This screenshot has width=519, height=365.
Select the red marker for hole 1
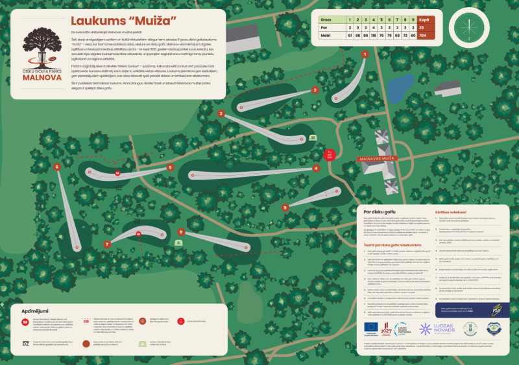click(x=365, y=54)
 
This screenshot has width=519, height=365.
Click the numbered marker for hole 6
click(x=57, y=167)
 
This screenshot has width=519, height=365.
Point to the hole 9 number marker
click(x=285, y=207)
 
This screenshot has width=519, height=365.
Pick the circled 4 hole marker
click(x=316, y=168)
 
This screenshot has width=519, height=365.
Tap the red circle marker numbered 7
click(x=106, y=244)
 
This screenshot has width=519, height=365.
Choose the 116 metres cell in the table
click(x=379, y=36)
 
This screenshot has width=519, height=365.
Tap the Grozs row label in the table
click(x=326, y=20)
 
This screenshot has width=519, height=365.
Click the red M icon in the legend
click(x=26, y=322)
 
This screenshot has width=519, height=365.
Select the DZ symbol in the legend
click(x=26, y=343)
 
